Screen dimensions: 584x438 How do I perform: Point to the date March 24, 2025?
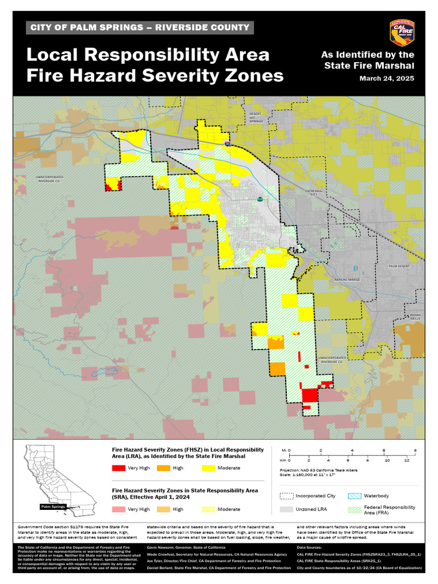coord(386,78)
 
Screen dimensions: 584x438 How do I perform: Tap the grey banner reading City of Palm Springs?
coord(140,27)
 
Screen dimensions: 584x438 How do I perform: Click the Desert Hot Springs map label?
coord(256,117)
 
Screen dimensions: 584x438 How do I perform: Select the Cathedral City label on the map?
coord(314,192)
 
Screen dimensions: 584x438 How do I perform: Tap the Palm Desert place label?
coord(400,266)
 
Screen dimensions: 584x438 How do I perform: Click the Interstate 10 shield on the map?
coord(228,145)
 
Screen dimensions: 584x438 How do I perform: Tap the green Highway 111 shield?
coord(260,200)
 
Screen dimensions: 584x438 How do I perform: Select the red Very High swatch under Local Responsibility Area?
coord(118,468)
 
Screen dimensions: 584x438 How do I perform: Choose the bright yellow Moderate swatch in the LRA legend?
coord(209,468)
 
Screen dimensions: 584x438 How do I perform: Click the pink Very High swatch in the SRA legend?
coord(118,509)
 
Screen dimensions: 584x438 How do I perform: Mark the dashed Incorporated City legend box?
coord(286,496)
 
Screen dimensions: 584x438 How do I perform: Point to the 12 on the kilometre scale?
coord(407,460)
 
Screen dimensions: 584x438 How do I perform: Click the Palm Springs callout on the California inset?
coord(53,506)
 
